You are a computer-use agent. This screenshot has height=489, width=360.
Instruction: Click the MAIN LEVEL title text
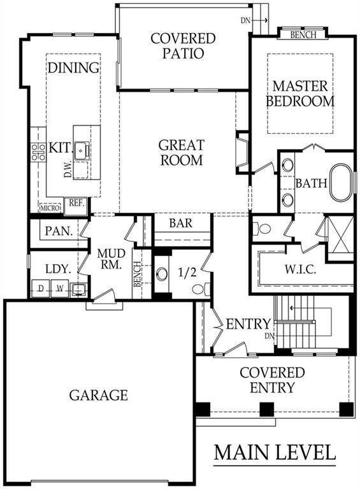pos(274,452)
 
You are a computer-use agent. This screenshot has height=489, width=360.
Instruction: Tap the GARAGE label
pos(98,395)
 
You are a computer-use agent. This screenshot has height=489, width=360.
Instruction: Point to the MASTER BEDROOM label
pos(299,93)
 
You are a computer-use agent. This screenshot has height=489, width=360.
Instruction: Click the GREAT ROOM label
pos(181,152)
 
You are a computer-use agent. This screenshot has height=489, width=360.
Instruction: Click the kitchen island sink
pos(81,151)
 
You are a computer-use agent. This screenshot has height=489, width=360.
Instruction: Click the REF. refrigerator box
pos(76,204)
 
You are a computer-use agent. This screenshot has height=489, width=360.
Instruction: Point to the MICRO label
pos(49,208)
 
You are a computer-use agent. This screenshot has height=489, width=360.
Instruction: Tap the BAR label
pos(180,223)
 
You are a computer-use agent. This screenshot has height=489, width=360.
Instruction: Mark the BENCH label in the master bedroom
pos(302,35)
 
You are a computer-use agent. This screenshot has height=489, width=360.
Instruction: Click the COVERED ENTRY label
pos(272,380)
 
